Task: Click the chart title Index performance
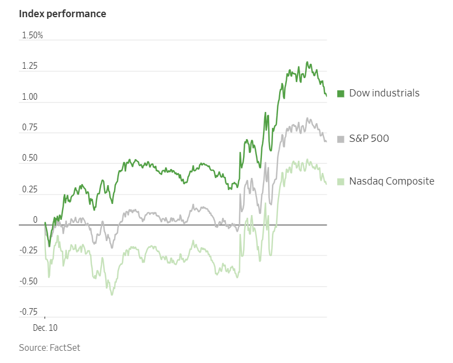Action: click(63, 14)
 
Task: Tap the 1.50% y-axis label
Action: click(32, 35)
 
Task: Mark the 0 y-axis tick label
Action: click(35, 221)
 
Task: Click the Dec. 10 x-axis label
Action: click(45, 328)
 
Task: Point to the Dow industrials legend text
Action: click(384, 93)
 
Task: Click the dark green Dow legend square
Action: click(341, 93)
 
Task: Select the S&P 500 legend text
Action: click(369, 138)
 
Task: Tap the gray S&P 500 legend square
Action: click(341, 138)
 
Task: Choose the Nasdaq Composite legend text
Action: click(392, 181)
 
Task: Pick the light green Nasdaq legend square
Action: click(341, 181)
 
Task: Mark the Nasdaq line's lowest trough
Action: click(112, 294)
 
